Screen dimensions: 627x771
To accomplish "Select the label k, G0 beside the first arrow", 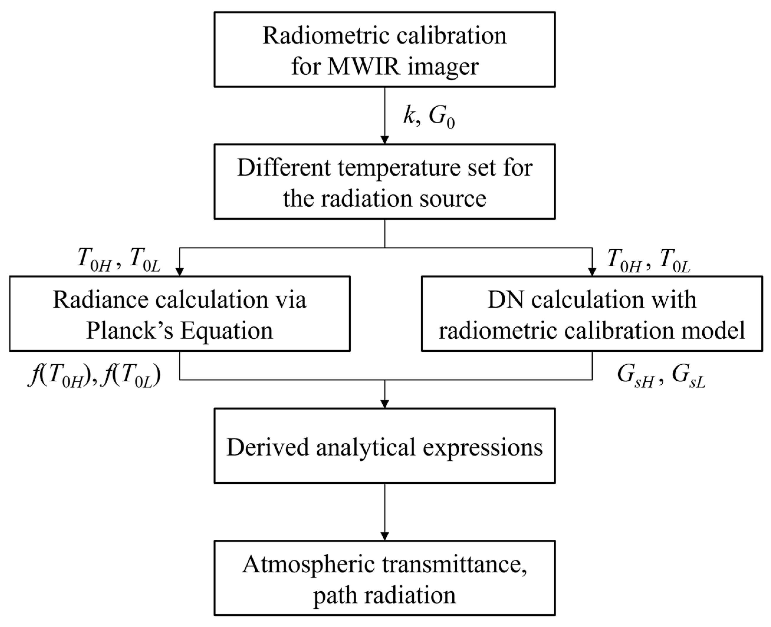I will tap(429, 118).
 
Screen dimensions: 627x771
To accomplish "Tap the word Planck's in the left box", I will tap(130, 331).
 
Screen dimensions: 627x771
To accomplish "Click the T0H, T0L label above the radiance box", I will tap(119, 259).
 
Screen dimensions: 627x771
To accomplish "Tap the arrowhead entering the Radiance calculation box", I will tap(180, 272).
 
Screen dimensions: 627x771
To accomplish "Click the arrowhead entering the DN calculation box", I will tap(592, 272).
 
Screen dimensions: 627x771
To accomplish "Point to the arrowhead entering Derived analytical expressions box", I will tap(384, 404).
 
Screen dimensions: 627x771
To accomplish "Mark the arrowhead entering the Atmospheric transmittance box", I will tap(384, 536).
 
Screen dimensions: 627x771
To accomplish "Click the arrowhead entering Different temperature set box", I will tap(384, 139).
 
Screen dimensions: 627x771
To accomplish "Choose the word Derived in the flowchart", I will tap(267, 447).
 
